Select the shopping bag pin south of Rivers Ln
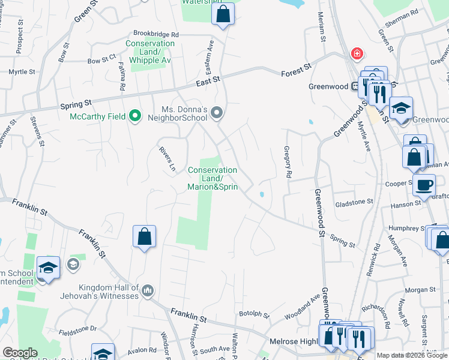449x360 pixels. (145, 236)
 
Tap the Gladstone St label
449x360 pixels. (354, 203)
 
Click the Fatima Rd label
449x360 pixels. (122, 77)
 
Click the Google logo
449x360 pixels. (20, 353)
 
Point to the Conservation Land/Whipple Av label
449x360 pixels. (149, 52)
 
